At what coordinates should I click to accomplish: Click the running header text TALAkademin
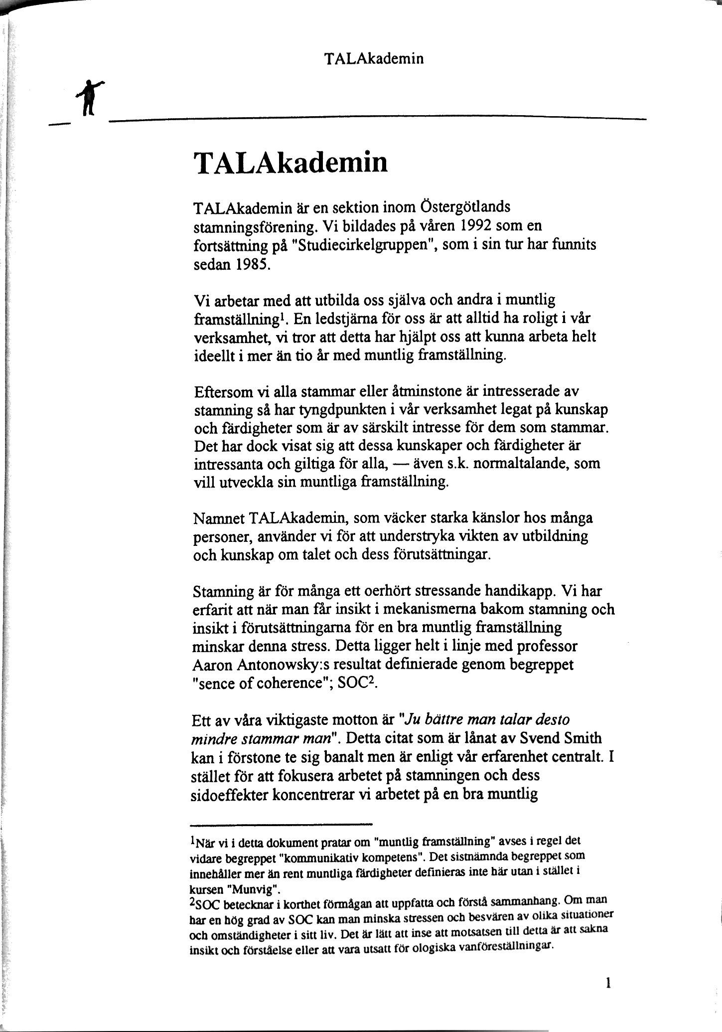(x=374, y=59)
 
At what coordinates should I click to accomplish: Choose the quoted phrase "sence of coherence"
(x=263, y=683)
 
